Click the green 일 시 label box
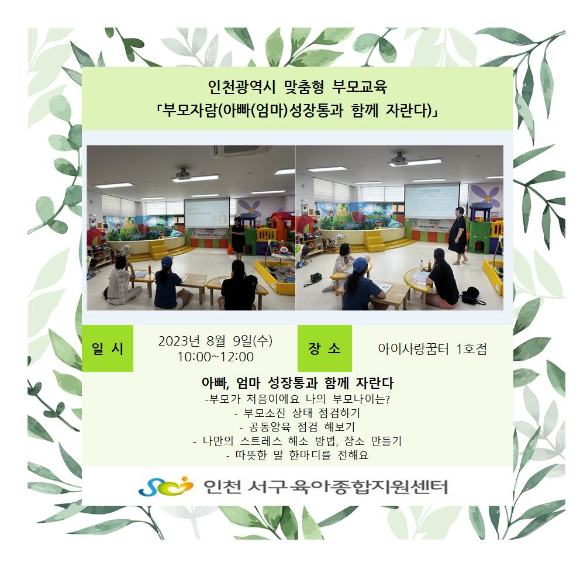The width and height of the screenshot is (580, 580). click(x=107, y=348)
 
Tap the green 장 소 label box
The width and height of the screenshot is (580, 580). click(x=324, y=348)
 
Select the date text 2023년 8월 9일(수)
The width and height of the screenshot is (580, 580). click(x=215, y=341)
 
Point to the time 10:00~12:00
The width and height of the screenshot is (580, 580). click(x=215, y=357)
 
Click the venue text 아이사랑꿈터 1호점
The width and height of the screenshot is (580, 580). click(x=432, y=349)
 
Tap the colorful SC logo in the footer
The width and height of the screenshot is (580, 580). click(x=165, y=486)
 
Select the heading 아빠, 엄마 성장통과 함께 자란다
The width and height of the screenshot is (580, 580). click(x=298, y=383)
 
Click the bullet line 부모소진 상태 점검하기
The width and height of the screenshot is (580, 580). click(x=298, y=413)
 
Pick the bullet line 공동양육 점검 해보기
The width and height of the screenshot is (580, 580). click(x=298, y=427)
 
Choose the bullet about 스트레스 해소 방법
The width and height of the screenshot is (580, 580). click(x=298, y=441)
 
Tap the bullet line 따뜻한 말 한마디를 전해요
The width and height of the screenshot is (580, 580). click(x=298, y=455)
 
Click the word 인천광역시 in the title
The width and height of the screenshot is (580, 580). click(x=241, y=87)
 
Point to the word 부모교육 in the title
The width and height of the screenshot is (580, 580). click(x=360, y=87)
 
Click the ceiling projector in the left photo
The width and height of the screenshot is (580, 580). click(x=183, y=174)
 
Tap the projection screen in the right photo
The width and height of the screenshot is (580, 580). click(x=432, y=202)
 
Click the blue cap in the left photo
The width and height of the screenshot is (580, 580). click(x=167, y=261)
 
